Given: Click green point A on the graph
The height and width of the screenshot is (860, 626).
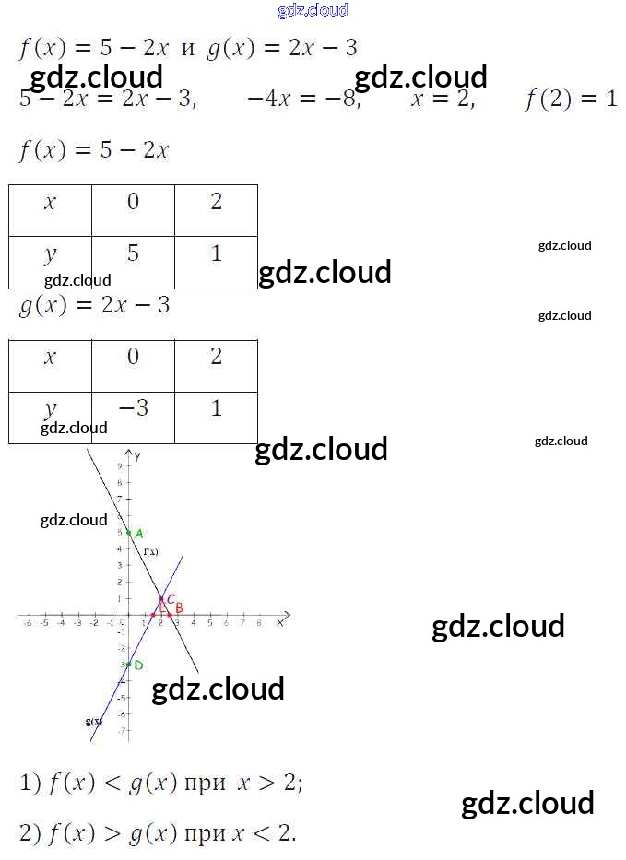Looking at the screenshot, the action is click(x=129, y=533).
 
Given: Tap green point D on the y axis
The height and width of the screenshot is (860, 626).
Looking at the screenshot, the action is click(x=129, y=665).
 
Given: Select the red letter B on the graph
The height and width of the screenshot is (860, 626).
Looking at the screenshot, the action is click(x=179, y=607).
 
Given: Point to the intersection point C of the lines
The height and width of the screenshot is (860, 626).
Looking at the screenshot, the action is click(x=161, y=599).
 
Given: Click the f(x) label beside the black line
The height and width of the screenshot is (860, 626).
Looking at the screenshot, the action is click(x=150, y=551).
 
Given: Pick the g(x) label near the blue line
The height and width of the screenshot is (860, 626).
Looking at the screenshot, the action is click(x=92, y=721).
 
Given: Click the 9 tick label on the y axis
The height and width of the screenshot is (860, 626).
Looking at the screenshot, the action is click(x=119, y=466).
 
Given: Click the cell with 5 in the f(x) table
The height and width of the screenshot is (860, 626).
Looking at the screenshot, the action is click(x=133, y=253).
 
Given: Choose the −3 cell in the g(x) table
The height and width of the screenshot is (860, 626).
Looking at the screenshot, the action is click(x=133, y=407).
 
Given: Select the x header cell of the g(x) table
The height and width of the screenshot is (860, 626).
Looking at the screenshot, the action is click(x=50, y=357).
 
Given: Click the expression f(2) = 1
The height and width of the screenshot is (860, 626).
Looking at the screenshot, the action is click(x=571, y=99).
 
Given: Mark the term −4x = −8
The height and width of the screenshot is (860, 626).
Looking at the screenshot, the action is click(x=301, y=99).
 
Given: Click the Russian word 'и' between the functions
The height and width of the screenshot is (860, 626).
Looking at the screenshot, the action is click(x=188, y=49).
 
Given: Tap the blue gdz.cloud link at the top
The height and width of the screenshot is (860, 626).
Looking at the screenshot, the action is click(x=313, y=10).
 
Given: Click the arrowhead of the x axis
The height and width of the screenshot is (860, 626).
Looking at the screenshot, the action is click(x=288, y=614).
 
